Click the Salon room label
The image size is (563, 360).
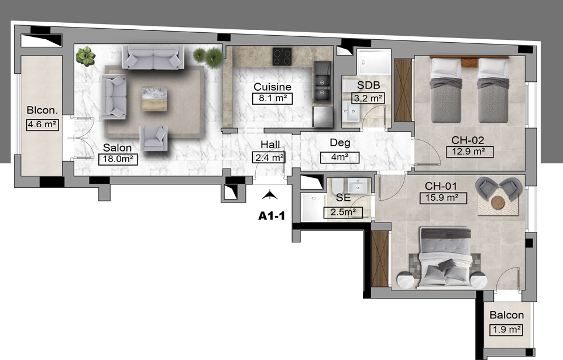point(117,148)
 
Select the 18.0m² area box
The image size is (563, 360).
point(118,159)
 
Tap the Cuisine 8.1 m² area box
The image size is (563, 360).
point(272,98)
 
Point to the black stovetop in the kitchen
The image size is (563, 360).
point(282,56)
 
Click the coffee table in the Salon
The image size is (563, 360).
point(154,98)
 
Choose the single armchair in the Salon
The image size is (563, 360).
point(154,138)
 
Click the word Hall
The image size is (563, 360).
point(270,145)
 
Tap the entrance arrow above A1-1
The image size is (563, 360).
point(270,195)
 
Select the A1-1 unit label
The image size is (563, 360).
point(272,215)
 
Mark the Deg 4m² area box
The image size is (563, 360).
point(339,157)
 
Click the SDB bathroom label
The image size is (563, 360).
point(368,85)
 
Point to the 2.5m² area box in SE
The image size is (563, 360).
point(343,212)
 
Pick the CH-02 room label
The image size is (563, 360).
point(468,140)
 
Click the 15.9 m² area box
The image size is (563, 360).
point(443,198)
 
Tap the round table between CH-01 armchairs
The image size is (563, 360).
point(497,203)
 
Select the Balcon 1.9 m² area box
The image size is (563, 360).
point(506,330)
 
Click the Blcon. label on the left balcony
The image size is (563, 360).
point(42,110)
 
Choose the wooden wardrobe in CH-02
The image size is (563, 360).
point(403,90)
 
